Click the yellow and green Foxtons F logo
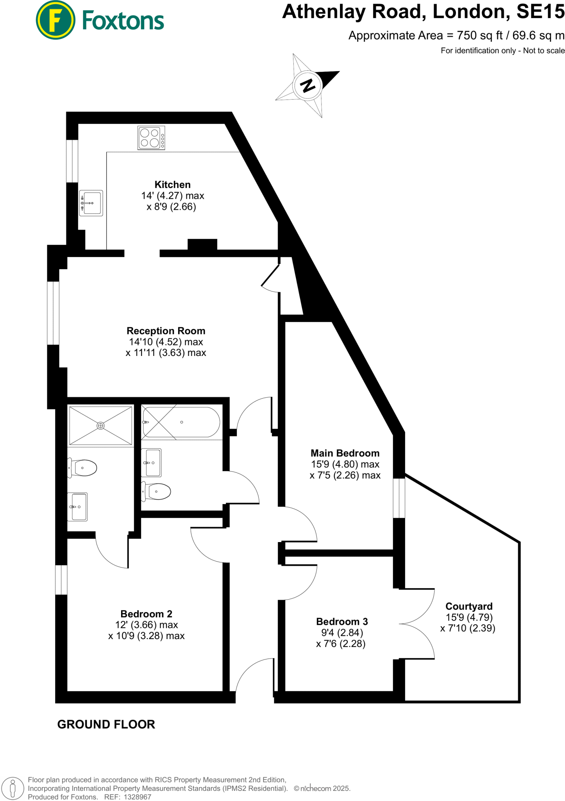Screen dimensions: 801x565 pos(55,20)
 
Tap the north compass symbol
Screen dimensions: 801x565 pos(308,85)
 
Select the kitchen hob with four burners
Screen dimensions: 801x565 pos(151,138)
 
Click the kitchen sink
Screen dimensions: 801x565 pos(91,203)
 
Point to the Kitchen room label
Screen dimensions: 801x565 pos(172,185)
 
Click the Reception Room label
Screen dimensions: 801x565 pos(166,331)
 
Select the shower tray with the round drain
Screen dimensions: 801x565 pos(101,426)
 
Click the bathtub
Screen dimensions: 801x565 pos(181,422)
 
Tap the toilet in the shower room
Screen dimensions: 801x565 pos(83,468)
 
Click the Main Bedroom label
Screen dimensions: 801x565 pos(345,453)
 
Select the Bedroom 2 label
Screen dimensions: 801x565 pos(146,614)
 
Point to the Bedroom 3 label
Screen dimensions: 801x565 pos(342,621)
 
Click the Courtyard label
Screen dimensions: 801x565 pos(469,606)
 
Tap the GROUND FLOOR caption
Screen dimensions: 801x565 pos(106,724)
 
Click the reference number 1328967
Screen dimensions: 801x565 pos(137,797)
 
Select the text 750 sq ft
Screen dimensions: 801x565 pos(479,36)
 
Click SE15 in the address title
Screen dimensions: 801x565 pos(540,12)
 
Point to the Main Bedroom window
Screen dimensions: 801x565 pos(399,498)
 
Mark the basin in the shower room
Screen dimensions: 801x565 pos(78,507)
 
